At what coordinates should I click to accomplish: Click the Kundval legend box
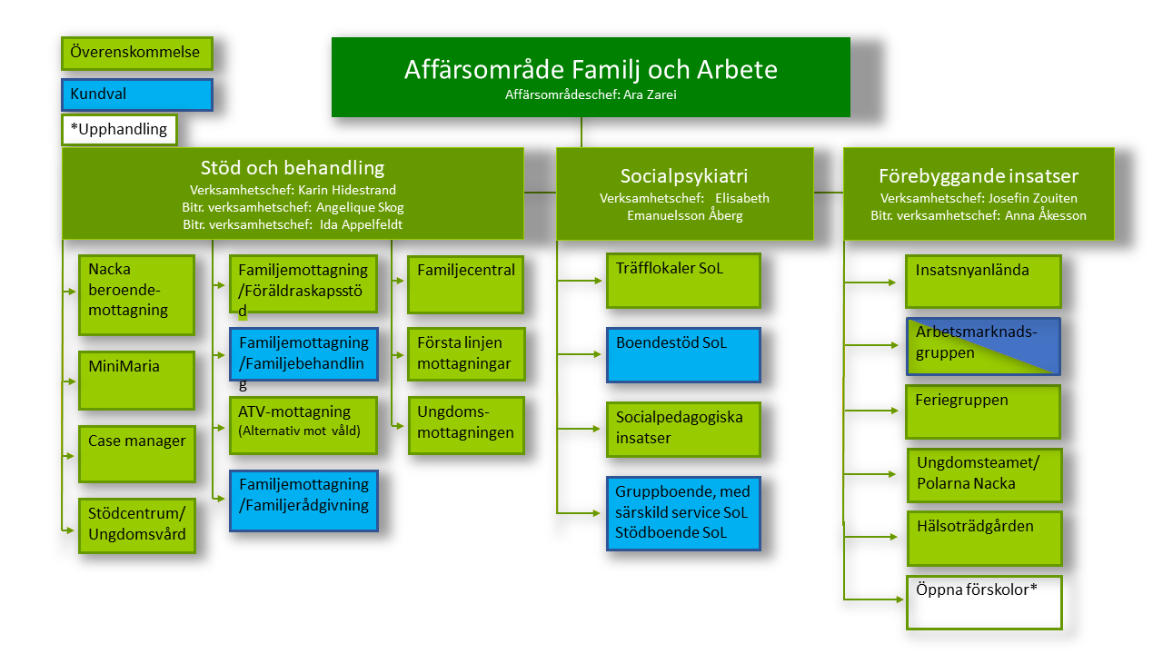[x=137, y=94]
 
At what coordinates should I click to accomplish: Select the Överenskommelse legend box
[x=137, y=53]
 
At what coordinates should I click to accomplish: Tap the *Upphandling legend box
[x=119, y=129]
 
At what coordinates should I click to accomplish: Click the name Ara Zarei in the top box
[x=650, y=94]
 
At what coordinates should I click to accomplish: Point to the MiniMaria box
[x=136, y=381]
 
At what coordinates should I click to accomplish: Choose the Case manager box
[x=137, y=454]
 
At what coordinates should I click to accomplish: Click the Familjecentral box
[x=465, y=284]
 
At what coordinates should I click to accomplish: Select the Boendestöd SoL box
[x=683, y=355]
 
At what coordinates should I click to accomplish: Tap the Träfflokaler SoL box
[x=683, y=281]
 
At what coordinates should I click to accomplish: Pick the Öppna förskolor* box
[x=984, y=602]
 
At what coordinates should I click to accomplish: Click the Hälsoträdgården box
[x=984, y=539]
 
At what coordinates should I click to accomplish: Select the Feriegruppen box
[x=983, y=411]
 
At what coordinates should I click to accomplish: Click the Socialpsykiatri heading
[x=684, y=176]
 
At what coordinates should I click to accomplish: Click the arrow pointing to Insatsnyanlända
[x=870, y=282]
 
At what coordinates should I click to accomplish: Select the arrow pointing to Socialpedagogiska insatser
[x=579, y=429]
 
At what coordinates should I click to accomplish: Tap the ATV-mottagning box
[x=303, y=426]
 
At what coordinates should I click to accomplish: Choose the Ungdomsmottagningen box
[x=466, y=426]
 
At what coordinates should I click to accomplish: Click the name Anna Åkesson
[x=1045, y=215]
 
